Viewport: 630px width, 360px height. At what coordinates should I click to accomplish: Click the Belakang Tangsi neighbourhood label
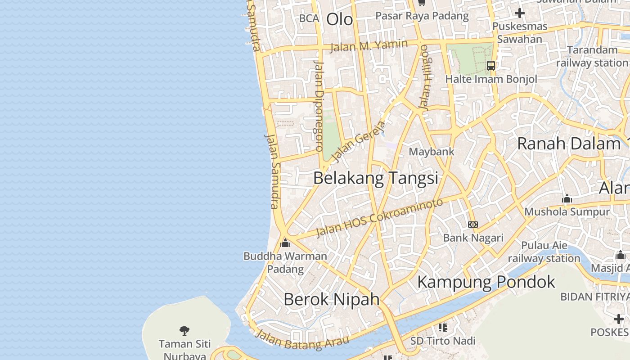pos(375,178)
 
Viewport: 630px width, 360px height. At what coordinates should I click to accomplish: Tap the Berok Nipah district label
pos(332,299)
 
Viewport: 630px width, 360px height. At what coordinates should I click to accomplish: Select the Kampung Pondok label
pos(486,282)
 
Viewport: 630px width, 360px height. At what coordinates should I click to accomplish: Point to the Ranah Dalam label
pos(569,144)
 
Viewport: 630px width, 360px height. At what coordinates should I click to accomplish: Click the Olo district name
pos(339,19)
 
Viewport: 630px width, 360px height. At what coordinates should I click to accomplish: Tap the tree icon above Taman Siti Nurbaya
pos(184,331)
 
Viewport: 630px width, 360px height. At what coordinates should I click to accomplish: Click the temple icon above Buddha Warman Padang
pos(285,243)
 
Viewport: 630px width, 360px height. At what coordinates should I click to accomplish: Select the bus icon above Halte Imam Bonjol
pos(491,66)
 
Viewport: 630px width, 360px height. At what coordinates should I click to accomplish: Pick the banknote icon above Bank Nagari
pos(473,225)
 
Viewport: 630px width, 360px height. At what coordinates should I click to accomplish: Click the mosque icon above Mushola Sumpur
pos(567,198)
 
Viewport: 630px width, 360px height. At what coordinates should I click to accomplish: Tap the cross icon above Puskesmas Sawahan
pos(520,13)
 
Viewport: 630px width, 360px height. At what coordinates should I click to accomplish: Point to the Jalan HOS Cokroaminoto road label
pos(379,218)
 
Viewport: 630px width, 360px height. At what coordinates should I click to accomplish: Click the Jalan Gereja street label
pos(359,141)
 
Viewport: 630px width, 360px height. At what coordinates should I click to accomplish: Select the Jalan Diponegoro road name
pos(318,106)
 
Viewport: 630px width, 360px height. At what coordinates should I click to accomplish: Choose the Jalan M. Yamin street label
pos(369,45)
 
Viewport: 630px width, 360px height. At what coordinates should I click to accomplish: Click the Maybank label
pos(432,152)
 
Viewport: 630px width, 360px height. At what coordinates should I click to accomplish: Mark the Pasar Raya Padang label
pos(422,16)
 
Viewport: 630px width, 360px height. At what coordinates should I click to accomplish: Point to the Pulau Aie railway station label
pos(544,252)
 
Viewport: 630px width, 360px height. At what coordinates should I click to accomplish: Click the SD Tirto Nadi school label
pos(442,341)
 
